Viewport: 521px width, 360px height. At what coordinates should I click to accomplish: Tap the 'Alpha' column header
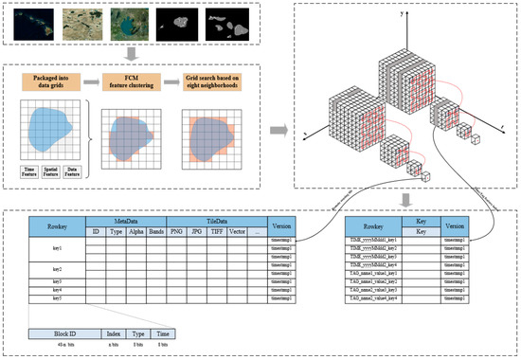(x=134, y=229)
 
